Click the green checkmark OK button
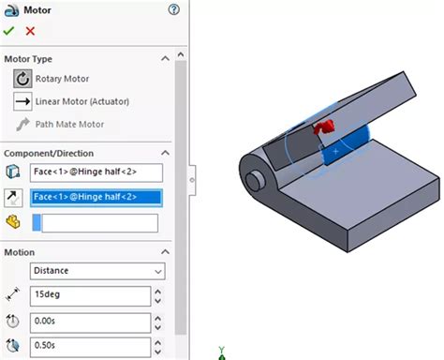(x=9, y=31)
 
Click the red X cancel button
(x=30, y=31)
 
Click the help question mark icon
(x=173, y=9)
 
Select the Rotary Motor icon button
(x=22, y=79)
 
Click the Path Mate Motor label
(x=70, y=124)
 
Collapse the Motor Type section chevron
(x=166, y=58)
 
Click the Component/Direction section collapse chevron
(x=166, y=152)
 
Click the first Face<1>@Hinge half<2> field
(x=96, y=172)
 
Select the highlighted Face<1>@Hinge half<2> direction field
(x=96, y=197)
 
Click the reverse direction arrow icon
(x=13, y=197)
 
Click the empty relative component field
(x=96, y=222)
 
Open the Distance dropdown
(x=96, y=271)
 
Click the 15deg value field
(x=90, y=296)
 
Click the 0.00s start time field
(x=90, y=322)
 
